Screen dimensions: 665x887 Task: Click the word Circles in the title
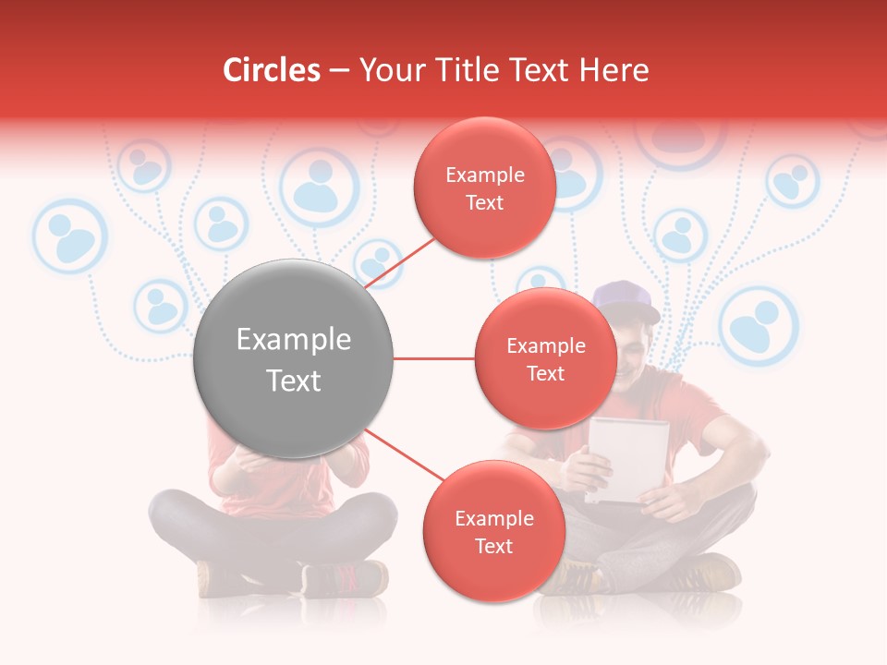[x=271, y=70]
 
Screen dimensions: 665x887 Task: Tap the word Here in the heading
[x=614, y=70]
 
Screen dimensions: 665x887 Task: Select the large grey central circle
[x=293, y=359]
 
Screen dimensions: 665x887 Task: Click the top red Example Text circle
[x=484, y=187]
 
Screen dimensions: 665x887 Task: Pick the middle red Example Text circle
[x=545, y=358]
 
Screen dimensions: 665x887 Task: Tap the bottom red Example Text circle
[x=493, y=531]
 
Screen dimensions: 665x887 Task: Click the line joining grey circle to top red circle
[x=402, y=262]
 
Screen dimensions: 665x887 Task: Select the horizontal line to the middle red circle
[x=433, y=358]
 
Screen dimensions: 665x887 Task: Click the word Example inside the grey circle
[x=293, y=340]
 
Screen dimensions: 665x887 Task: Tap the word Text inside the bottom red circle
[x=493, y=546]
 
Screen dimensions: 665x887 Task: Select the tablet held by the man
[x=628, y=458]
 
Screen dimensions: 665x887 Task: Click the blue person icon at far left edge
[x=70, y=236]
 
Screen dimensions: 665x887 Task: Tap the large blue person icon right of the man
[x=758, y=325]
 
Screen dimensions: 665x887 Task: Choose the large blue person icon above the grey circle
[x=318, y=187]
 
